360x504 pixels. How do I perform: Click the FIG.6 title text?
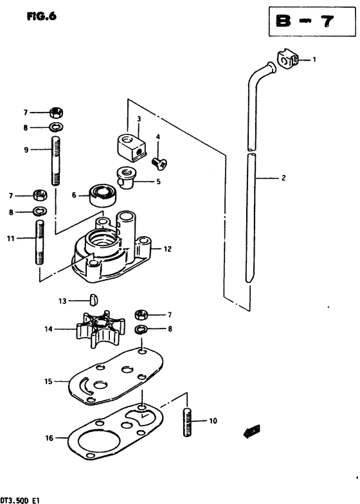tap(41, 17)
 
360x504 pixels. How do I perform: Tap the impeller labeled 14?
tap(100, 329)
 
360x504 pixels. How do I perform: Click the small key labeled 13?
tap(93, 300)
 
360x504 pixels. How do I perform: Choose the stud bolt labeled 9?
tap(55, 161)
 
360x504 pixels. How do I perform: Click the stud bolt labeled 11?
tap(40, 242)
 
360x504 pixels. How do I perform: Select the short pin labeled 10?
tap(188, 422)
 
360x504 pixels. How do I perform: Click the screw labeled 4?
tap(159, 163)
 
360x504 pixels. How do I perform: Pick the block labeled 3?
tap(130, 147)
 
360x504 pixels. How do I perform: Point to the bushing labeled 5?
tap(125, 177)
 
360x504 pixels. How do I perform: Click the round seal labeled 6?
tap(103, 195)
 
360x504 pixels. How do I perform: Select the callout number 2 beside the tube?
tap(283, 177)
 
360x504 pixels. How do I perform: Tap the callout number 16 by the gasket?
tap(49, 438)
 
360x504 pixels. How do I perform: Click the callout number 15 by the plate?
tap(48, 382)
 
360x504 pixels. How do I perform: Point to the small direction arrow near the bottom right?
tap(252, 431)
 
